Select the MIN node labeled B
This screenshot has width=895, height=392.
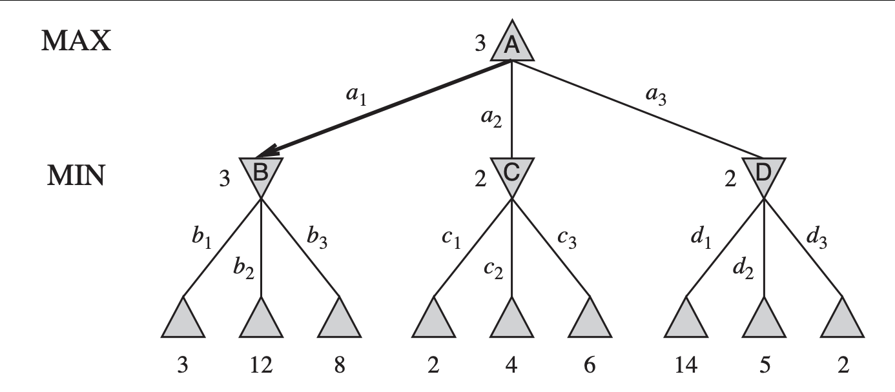click(x=261, y=174)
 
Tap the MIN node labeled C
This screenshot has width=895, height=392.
click(x=511, y=174)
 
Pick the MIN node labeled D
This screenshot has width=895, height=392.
click(x=763, y=174)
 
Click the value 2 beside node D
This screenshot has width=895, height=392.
click(x=730, y=179)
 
